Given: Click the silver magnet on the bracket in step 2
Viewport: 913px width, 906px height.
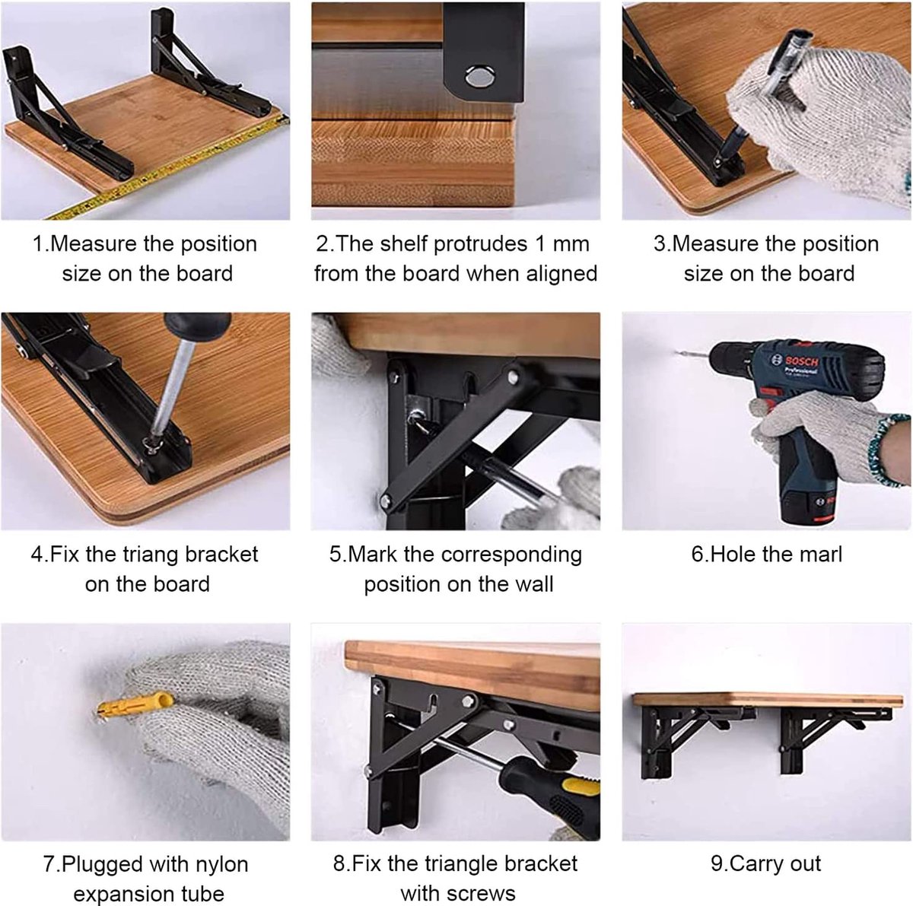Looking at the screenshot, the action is pos(480,76).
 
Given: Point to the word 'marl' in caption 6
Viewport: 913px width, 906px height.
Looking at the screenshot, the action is pos(821,554).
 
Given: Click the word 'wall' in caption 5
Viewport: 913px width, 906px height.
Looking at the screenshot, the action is pos(534,583).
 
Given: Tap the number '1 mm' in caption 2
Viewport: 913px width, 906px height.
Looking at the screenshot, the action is pos(562,244).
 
